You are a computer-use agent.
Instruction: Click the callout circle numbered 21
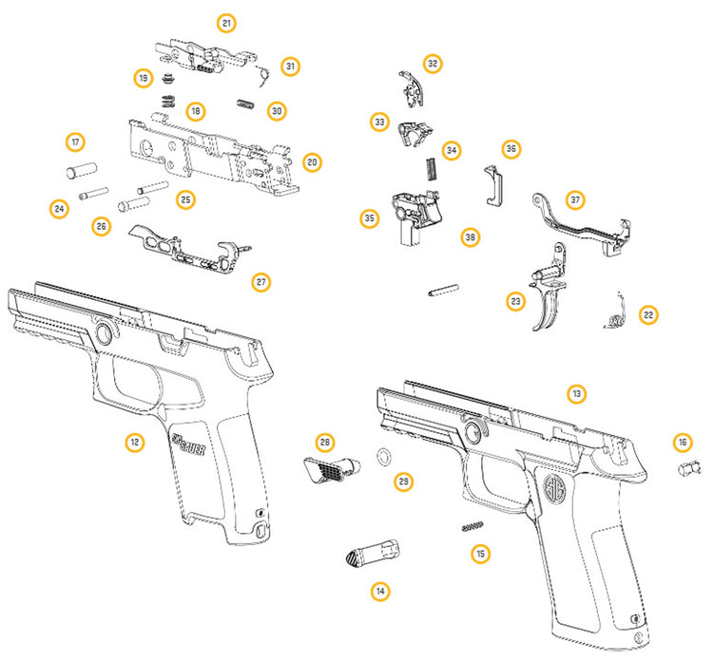point(226,23)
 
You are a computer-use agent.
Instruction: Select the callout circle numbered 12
point(135,441)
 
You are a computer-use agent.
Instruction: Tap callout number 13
point(575,393)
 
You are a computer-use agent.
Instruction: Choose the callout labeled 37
point(574,200)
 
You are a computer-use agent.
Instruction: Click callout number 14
point(380,591)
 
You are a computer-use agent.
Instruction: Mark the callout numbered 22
point(647,314)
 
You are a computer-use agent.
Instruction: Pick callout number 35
point(368,218)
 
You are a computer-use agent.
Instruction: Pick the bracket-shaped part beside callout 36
point(494,183)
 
